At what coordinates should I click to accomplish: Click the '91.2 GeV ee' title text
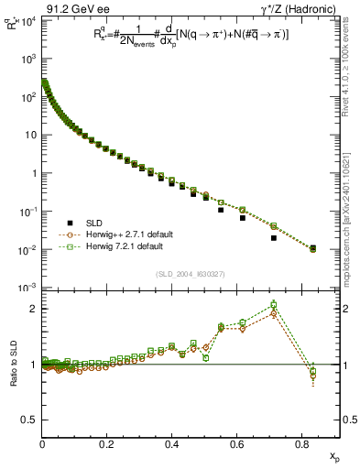pos(74,8)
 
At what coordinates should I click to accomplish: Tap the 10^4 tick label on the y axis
pos(28,20)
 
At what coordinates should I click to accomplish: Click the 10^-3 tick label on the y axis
pos(28,288)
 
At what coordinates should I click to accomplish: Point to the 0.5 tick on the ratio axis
pos(29,420)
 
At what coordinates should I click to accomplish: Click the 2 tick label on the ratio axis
pos(34,309)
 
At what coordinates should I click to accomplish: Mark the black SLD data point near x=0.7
pos(274,238)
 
